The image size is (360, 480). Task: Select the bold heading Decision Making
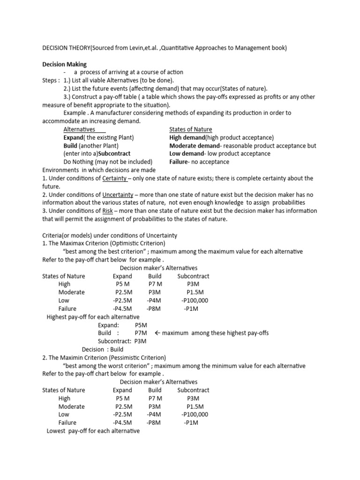(x=64, y=64)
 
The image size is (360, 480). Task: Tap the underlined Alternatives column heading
(x=79, y=129)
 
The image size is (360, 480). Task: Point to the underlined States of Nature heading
(x=190, y=129)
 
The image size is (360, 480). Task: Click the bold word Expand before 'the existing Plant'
(x=73, y=137)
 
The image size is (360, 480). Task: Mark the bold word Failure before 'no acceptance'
(x=180, y=162)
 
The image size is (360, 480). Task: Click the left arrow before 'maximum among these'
(x=157, y=333)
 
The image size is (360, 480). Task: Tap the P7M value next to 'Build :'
(x=141, y=333)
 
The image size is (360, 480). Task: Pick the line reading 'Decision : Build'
(x=103, y=349)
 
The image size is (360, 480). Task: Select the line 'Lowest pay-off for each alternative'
(x=93, y=430)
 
